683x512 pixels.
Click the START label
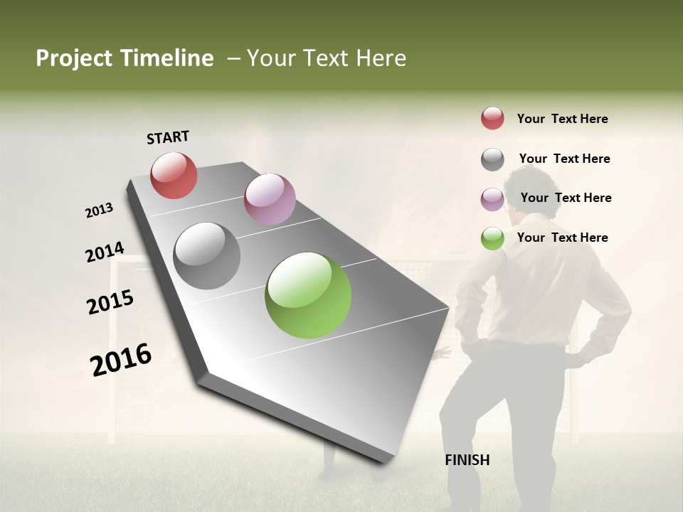168,137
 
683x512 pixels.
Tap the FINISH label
467,460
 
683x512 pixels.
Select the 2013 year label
99,210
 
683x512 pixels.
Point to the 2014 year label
105,252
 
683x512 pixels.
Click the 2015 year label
110,302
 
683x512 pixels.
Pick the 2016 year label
121,359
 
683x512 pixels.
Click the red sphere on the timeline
174,175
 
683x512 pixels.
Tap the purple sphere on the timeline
270,199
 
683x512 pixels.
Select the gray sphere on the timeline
207,256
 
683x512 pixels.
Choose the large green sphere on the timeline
308,295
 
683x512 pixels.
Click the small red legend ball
492,118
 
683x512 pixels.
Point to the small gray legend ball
492,159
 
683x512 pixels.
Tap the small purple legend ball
492,199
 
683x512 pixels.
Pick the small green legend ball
492,238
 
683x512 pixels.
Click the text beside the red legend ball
562,119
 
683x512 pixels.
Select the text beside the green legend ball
562,238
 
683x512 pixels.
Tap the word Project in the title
74,59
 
